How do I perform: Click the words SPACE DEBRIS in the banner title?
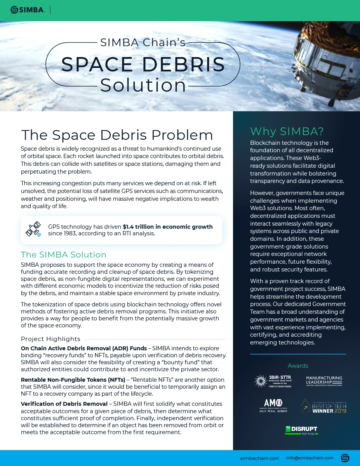[x=143, y=64]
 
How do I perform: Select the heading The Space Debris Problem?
[x=117, y=135]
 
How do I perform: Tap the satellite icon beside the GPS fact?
[x=33, y=230]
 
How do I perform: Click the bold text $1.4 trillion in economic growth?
[x=168, y=227]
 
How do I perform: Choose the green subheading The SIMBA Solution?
[x=63, y=255]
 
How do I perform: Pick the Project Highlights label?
[x=50, y=339]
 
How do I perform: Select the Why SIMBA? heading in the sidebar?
[x=287, y=131]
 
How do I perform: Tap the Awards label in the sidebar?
[x=298, y=366]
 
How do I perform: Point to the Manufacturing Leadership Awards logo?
[x=324, y=381]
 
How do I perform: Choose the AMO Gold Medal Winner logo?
[x=273, y=405]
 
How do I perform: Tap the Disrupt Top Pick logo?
[x=301, y=430]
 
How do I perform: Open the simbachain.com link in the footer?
[x=259, y=458]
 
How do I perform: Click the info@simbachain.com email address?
[x=310, y=458]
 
